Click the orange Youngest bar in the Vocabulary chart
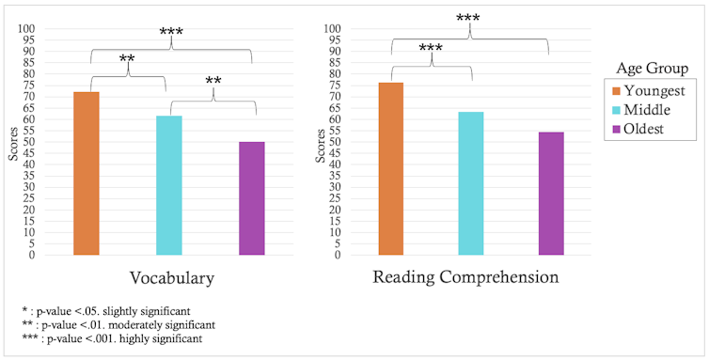click(x=86, y=173)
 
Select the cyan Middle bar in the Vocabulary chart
click(x=168, y=185)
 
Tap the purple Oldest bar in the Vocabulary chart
click(x=251, y=197)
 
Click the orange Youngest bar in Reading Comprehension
click(x=390, y=168)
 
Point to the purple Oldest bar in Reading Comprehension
click(x=551, y=193)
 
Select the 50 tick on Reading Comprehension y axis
click(x=334, y=142)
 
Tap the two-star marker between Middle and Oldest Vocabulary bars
click(x=213, y=82)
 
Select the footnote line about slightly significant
click(x=111, y=309)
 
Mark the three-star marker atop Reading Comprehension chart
click(x=470, y=18)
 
